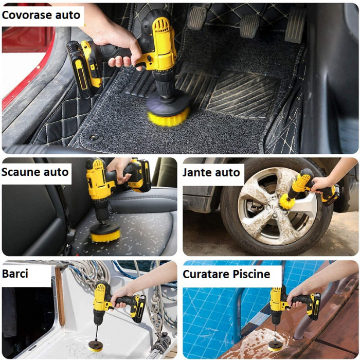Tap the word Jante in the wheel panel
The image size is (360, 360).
pyautogui.click(x=197, y=172)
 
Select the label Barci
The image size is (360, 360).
pyautogui.click(x=15, y=274)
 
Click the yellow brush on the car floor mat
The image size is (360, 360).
pyautogui.click(x=168, y=117)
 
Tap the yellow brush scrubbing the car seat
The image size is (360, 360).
pyautogui.click(x=105, y=237)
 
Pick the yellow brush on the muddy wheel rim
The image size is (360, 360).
pyautogui.click(x=287, y=202)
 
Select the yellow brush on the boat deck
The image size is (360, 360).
pyautogui.click(x=95, y=349)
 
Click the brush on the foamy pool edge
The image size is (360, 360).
pyautogui.click(x=275, y=348)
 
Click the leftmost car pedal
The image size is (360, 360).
pyautogui.click(x=197, y=18)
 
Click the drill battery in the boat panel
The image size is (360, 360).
pyautogui.click(x=138, y=309)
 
